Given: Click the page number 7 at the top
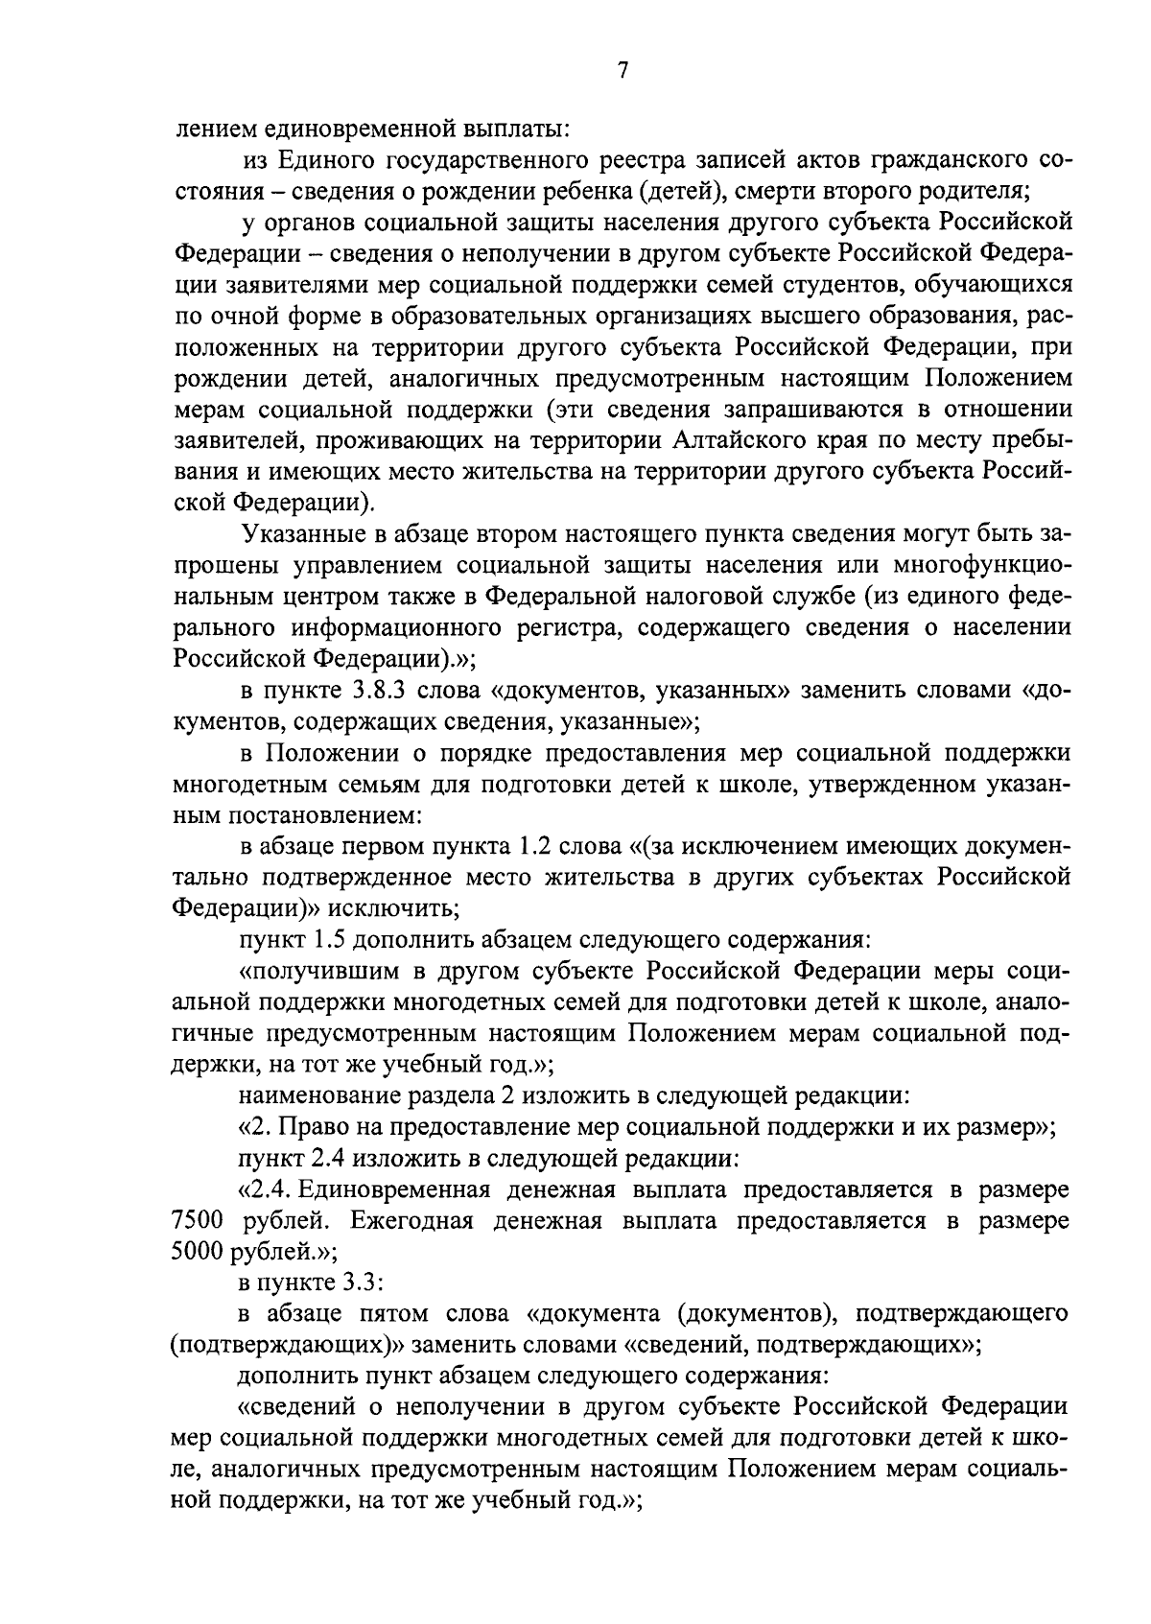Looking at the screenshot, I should point(622,71).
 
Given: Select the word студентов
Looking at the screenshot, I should point(826,284).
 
